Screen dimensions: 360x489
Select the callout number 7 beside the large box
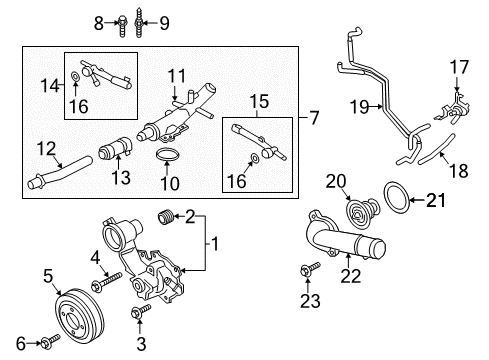pos(313,119)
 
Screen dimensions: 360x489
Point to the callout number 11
pos(176,74)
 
